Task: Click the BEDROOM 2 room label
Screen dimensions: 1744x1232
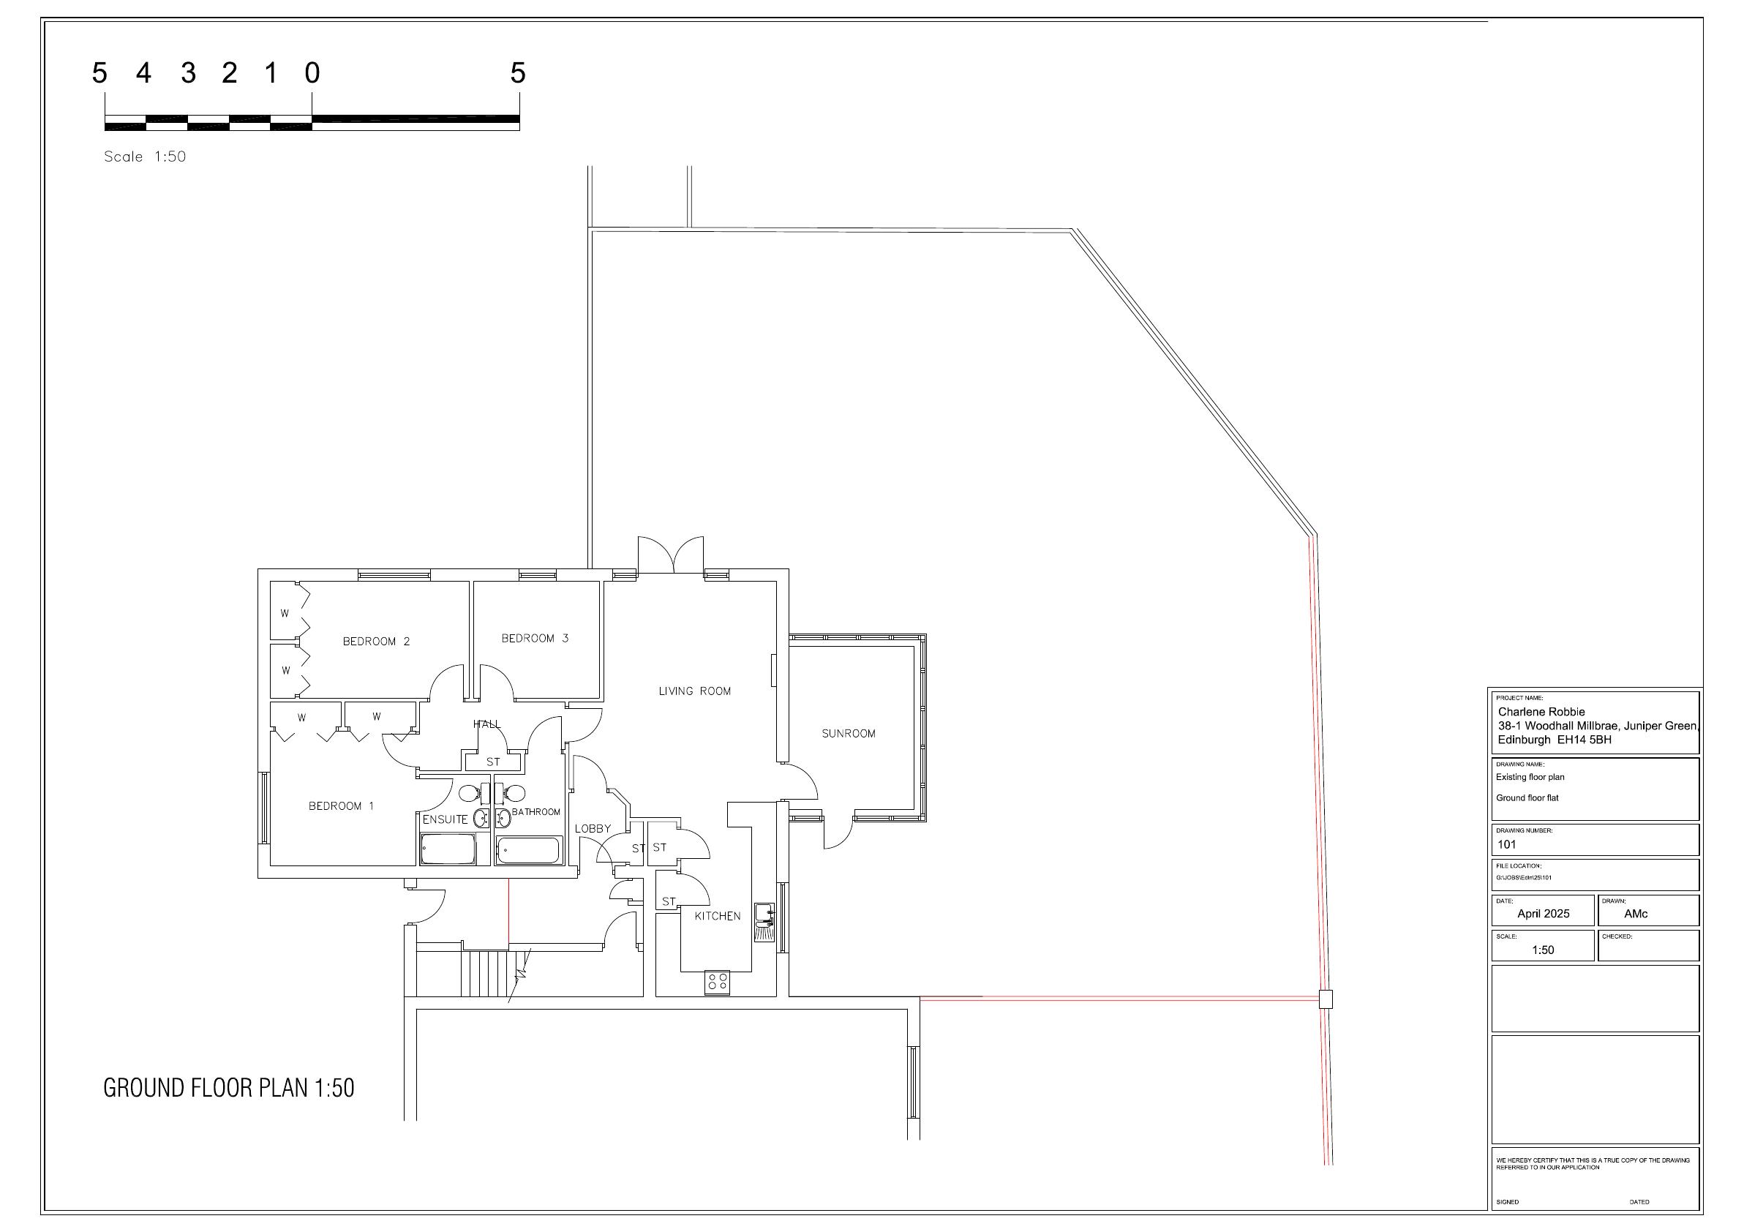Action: click(376, 641)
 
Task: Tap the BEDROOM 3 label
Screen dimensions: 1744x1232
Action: click(535, 638)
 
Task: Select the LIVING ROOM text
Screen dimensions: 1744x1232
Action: click(694, 691)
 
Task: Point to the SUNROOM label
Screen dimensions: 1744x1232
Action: click(849, 734)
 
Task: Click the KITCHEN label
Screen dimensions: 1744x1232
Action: click(717, 916)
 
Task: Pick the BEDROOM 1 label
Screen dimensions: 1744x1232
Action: click(341, 806)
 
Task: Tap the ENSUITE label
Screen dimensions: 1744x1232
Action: click(445, 819)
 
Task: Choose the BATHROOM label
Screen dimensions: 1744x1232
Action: click(535, 812)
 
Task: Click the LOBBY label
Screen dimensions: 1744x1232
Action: click(593, 829)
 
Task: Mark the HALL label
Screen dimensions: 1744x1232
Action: click(487, 724)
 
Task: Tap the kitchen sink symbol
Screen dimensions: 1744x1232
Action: click(765, 922)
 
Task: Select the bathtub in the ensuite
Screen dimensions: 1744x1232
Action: click(448, 849)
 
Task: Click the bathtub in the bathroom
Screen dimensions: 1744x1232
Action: click(529, 851)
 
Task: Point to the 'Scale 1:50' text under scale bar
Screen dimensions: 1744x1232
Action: click(145, 157)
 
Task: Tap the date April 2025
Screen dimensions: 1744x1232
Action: click(1544, 914)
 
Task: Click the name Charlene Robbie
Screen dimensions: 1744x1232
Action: click(1541, 712)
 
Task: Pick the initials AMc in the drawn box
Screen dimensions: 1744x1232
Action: click(1636, 914)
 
